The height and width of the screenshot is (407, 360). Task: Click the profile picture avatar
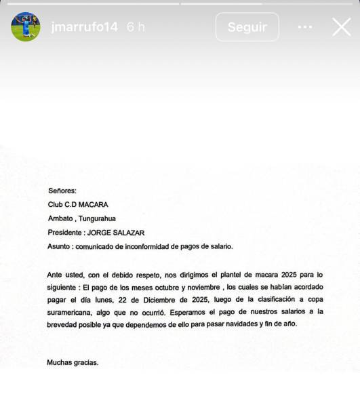tap(25, 27)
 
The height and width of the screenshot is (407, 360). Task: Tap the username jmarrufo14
tap(84, 27)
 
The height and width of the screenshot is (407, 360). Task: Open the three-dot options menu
tap(305, 27)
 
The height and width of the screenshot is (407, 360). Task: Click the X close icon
tap(341, 27)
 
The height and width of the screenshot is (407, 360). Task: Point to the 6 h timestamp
tap(136, 27)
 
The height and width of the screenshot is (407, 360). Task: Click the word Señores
tap(63, 191)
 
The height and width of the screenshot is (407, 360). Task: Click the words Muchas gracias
tap(73, 362)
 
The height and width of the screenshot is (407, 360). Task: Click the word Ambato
tap(62, 218)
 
